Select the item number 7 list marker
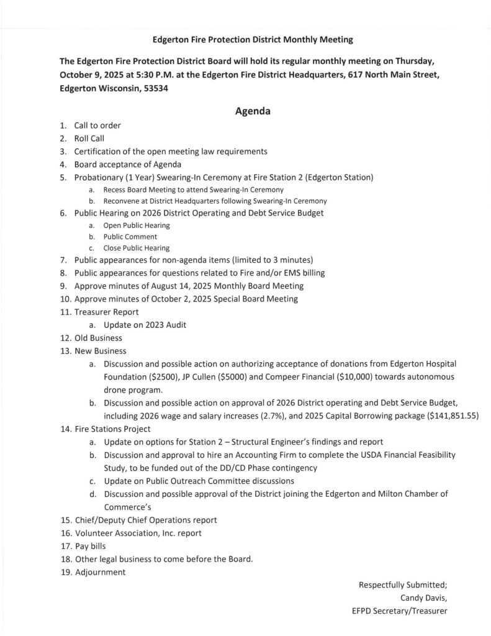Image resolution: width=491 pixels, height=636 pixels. click(x=63, y=259)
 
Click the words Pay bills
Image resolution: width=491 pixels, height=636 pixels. click(x=90, y=546)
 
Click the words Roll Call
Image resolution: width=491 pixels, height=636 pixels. click(x=89, y=139)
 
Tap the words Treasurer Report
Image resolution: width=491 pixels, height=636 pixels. click(x=106, y=312)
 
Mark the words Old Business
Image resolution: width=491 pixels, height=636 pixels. click(x=98, y=338)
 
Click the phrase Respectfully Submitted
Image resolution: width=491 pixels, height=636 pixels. click(x=403, y=584)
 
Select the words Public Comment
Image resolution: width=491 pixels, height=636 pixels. click(x=130, y=237)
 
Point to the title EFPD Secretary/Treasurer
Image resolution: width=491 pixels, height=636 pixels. click(x=399, y=611)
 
